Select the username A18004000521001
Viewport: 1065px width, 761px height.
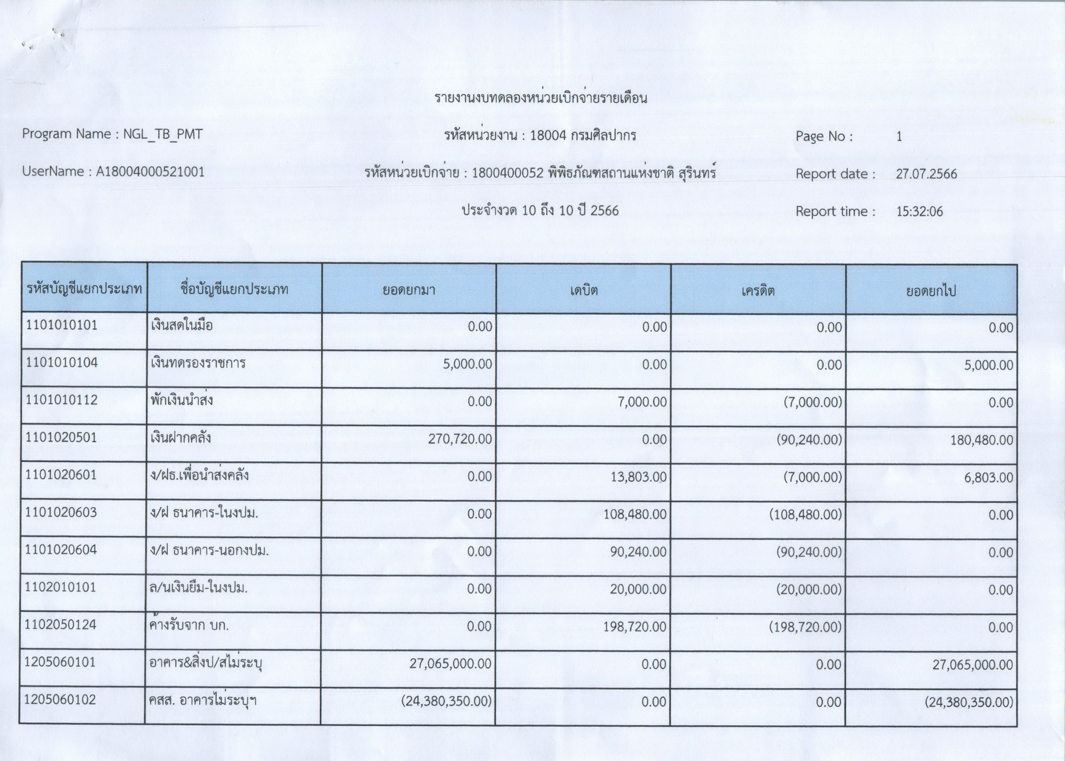coord(150,172)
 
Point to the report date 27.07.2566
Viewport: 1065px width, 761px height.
coord(926,174)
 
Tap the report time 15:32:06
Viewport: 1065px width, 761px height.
coord(919,212)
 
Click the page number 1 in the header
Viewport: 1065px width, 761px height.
coord(899,137)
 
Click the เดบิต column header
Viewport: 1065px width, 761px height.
coord(584,290)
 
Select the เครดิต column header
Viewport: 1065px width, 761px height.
coord(758,291)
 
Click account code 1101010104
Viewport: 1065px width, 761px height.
coord(62,363)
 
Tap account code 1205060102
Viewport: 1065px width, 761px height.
coord(60,700)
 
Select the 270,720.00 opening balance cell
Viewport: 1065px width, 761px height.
coord(460,440)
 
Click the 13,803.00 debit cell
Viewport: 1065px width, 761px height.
coord(637,477)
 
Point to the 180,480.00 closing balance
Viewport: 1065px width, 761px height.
coord(981,441)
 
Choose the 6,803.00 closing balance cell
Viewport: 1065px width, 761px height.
coord(988,478)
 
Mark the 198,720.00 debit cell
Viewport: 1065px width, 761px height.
coord(635,627)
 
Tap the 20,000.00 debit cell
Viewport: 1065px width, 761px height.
coord(638,590)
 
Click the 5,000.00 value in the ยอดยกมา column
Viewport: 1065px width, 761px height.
coord(467,365)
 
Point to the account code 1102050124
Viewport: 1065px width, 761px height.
coord(60,625)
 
